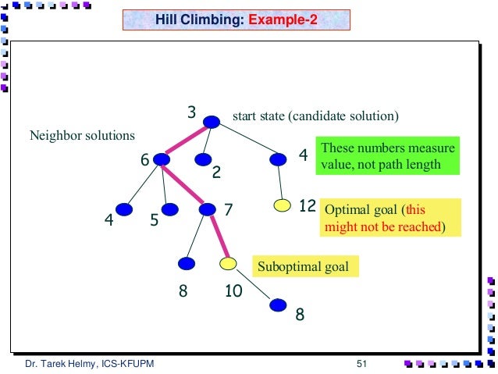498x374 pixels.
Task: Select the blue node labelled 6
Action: pyautogui.click(x=162, y=159)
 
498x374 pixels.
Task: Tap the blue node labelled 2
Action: pyautogui.click(x=204, y=159)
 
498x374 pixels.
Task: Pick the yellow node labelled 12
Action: pyautogui.click(x=283, y=207)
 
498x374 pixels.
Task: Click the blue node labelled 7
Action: pyautogui.click(x=208, y=208)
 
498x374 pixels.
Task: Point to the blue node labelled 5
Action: pyautogui.click(x=169, y=208)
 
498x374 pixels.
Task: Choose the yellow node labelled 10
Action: pyautogui.click(x=228, y=264)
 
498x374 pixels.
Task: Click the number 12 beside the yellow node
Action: pyautogui.click(x=307, y=207)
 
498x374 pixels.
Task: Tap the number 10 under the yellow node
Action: pyautogui.click(x=233, y=292)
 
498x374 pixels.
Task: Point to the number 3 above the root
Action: pyautogui.click(x=190, y=113)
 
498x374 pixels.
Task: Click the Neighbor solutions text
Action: pyautogui.click(x=82, y=136)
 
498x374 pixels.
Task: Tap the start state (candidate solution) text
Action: pyautogui.click(x=315, y=117)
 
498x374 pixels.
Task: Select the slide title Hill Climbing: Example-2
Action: pyautogui.click(x=237, y=20)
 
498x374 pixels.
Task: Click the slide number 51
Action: pyautogui.click(x=361, y=364)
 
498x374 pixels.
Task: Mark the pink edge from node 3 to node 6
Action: pyautogui.click(x=187, y=140)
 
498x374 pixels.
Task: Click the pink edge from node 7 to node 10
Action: pyautogui.click(x=218, y=236)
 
